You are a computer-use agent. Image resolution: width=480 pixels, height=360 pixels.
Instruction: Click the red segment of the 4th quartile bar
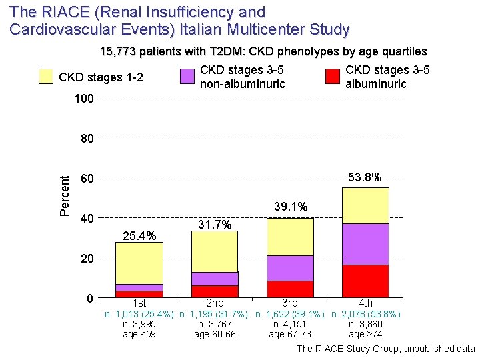[365, 281]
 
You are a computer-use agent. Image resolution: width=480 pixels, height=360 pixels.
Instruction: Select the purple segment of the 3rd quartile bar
[290, 268]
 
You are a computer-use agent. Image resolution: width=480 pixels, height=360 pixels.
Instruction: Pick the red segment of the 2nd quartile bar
[214, 291]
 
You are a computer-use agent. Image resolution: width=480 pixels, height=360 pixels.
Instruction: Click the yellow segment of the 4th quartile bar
[365, 205]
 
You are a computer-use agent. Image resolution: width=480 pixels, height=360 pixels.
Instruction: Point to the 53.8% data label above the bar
[365, 177]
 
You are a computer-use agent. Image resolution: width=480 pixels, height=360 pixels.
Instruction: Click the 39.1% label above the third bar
[290, 207]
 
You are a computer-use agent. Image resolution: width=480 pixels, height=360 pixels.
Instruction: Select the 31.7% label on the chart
[215, 225]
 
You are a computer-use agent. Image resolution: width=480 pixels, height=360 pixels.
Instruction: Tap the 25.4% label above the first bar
[139, 235]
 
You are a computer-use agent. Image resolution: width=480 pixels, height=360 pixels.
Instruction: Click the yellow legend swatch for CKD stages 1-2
[45, 77]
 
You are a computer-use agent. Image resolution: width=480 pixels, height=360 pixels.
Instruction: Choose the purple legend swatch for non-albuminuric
[187, 77]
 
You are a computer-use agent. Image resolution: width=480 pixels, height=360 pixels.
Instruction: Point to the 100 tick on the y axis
[84, 99]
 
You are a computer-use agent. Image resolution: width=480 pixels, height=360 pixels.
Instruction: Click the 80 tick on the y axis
[87, 139]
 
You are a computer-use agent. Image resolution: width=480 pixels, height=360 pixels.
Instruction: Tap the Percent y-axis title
[65, 196]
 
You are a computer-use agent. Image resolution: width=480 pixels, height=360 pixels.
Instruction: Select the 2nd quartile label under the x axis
[215, 303]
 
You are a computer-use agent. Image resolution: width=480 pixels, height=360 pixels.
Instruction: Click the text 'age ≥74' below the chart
[365, 334]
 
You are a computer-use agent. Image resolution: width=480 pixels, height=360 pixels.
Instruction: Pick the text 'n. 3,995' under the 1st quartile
[139, 324]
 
